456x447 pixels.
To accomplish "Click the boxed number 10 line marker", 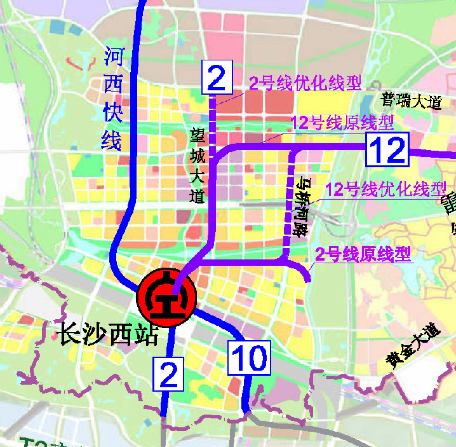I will pos(250,358).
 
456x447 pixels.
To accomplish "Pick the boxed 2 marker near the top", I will pos(217,78).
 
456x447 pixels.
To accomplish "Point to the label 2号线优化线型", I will pos(305,83).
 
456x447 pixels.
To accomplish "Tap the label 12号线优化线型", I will pos(386,189).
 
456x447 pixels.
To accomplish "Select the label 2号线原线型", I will pos(364,255).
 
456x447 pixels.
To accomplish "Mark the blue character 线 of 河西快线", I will pos(112,139).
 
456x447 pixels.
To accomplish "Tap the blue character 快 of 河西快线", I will pos(114,112).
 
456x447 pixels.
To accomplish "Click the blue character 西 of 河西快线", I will pos(114,85).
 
